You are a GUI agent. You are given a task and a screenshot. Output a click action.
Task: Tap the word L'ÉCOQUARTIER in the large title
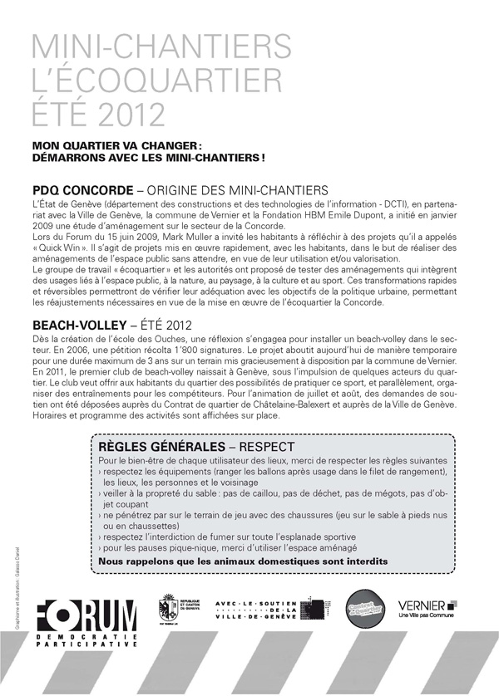click(x=151, y=79)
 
